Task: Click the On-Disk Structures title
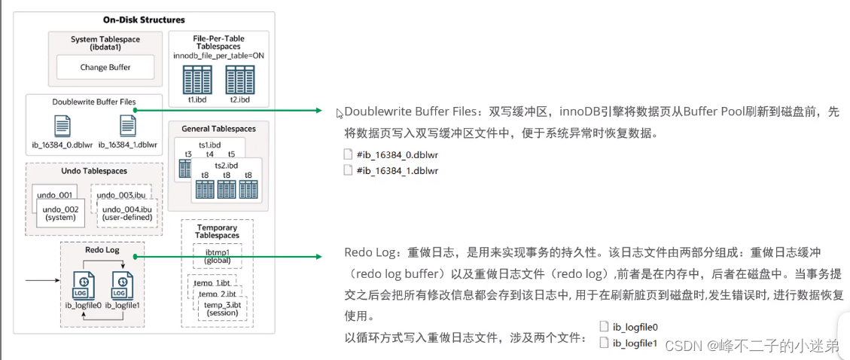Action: click(x=143, y=20)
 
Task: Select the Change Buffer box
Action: click(x=105, y=67)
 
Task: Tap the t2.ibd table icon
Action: click(x=239, y=79)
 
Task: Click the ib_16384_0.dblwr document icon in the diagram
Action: click(x=62, y=125)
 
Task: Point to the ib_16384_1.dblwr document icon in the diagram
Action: click(x=127, y=125)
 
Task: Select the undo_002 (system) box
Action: click(x=61, y=212)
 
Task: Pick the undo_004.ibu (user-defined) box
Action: click(x=127, y=212)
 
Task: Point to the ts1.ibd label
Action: click(x=211, y=144)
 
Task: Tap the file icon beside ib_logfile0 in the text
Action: click(x=604, y=327)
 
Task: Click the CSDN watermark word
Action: click(x=684, y=346)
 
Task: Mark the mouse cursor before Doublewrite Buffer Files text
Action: click(x=340, y=113)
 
